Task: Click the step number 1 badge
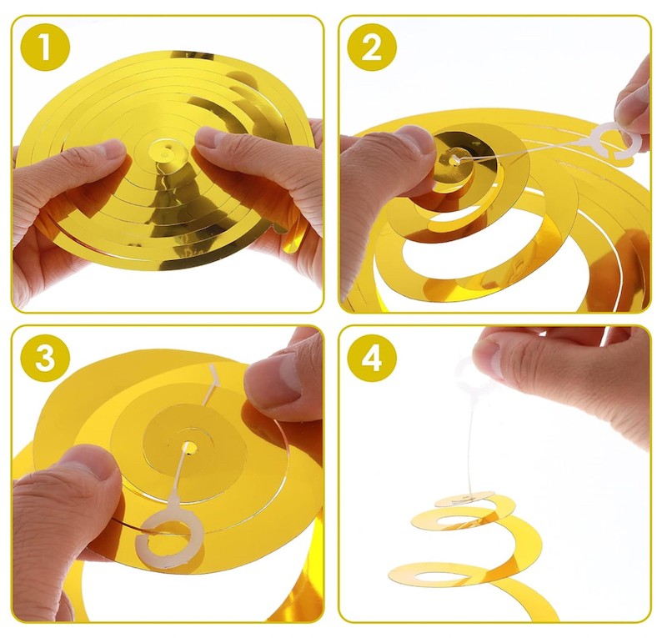[x=45, y=46]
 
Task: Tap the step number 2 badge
[x=372, y=46]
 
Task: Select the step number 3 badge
[x=45, y=357]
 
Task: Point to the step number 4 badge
[x=372, y=357]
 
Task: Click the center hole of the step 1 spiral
[x=165, y=152]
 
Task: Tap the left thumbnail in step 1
[x=109, y=151]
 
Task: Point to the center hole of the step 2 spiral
[x=455, y=160]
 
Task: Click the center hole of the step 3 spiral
[x=190, y=448]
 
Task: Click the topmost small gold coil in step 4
[x=464, y=499]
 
